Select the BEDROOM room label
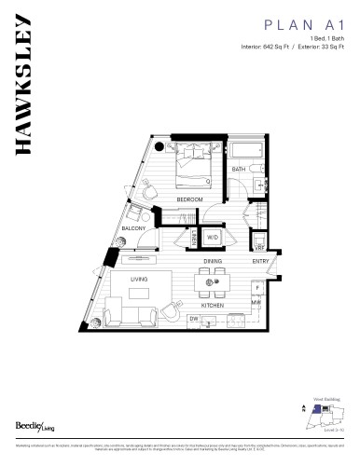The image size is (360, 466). (x=191, y=199)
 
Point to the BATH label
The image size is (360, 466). (x=239, y=170)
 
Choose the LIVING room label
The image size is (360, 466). (x=139, y=279)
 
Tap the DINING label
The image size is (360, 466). (x=213, y=262)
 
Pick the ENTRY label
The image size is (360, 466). (x=261, y=262)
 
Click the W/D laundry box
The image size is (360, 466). (x=213, y=238)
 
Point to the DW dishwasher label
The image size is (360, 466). (x=194, y=320)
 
